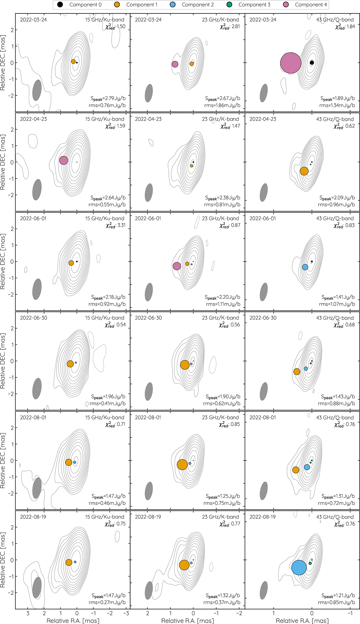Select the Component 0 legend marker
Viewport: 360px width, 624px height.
pyautogui.click(x=60, y=5)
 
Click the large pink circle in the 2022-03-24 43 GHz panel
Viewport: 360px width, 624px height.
pyautogui.click(x=291, y=63)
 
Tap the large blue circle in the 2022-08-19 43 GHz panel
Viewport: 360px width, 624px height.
pyautogui.click(x=299, y=567)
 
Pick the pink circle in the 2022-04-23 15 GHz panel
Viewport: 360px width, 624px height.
pyautogui.click(x=64, y=160)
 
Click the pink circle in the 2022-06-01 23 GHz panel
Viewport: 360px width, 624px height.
pyautogui.click(x=177, y=266)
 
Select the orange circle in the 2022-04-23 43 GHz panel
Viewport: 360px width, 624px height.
pyautogui.click(x=304, y=171)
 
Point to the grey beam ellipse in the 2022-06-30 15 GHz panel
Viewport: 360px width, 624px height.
pyautogui.click(x=37, y=388)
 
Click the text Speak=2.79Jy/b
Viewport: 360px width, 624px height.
pyautogui.click(x=108, y=98)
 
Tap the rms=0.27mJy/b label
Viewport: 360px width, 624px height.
pyautogui.click(x=107, y=602)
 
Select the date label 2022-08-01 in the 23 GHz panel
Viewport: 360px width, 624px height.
pyautogui.click(x=148, y=417)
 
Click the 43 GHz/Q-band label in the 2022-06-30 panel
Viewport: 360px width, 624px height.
pyautogui.click(x=335, y=318)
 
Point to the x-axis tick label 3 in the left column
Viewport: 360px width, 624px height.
pyautogui.click(x=28, y=613)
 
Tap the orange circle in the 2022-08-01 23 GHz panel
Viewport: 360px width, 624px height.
pyautogui.click(x=182, y=464)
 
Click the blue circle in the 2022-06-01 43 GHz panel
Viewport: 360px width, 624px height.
pyautogui.click(x=305, y=267)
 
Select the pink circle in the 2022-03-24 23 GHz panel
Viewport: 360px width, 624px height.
pyautogui.click(x=175, y=64)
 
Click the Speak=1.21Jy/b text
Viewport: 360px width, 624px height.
pyautogui.click(x=338, y=595)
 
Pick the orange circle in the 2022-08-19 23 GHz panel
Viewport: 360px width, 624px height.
pyautogui.click(x=184, y=565)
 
